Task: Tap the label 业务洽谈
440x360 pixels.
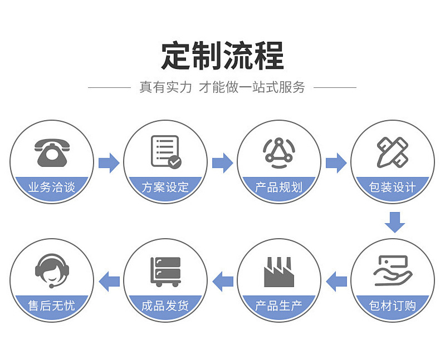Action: tap(51, 188)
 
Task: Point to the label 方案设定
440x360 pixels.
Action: tap(165, 188)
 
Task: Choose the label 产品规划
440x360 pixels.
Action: tap(278, 188)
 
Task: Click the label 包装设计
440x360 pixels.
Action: tap(393, 188)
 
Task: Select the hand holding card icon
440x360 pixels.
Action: tap(393, 270)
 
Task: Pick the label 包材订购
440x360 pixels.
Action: tap(393, 305)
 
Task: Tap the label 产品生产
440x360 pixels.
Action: tap(278, 305)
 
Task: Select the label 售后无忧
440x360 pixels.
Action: tap(51, 305)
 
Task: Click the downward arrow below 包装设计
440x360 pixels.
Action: tap(394, 221)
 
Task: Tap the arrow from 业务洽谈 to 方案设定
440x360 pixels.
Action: tap(109, 162)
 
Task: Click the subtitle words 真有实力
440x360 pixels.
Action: tap(165, 87)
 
